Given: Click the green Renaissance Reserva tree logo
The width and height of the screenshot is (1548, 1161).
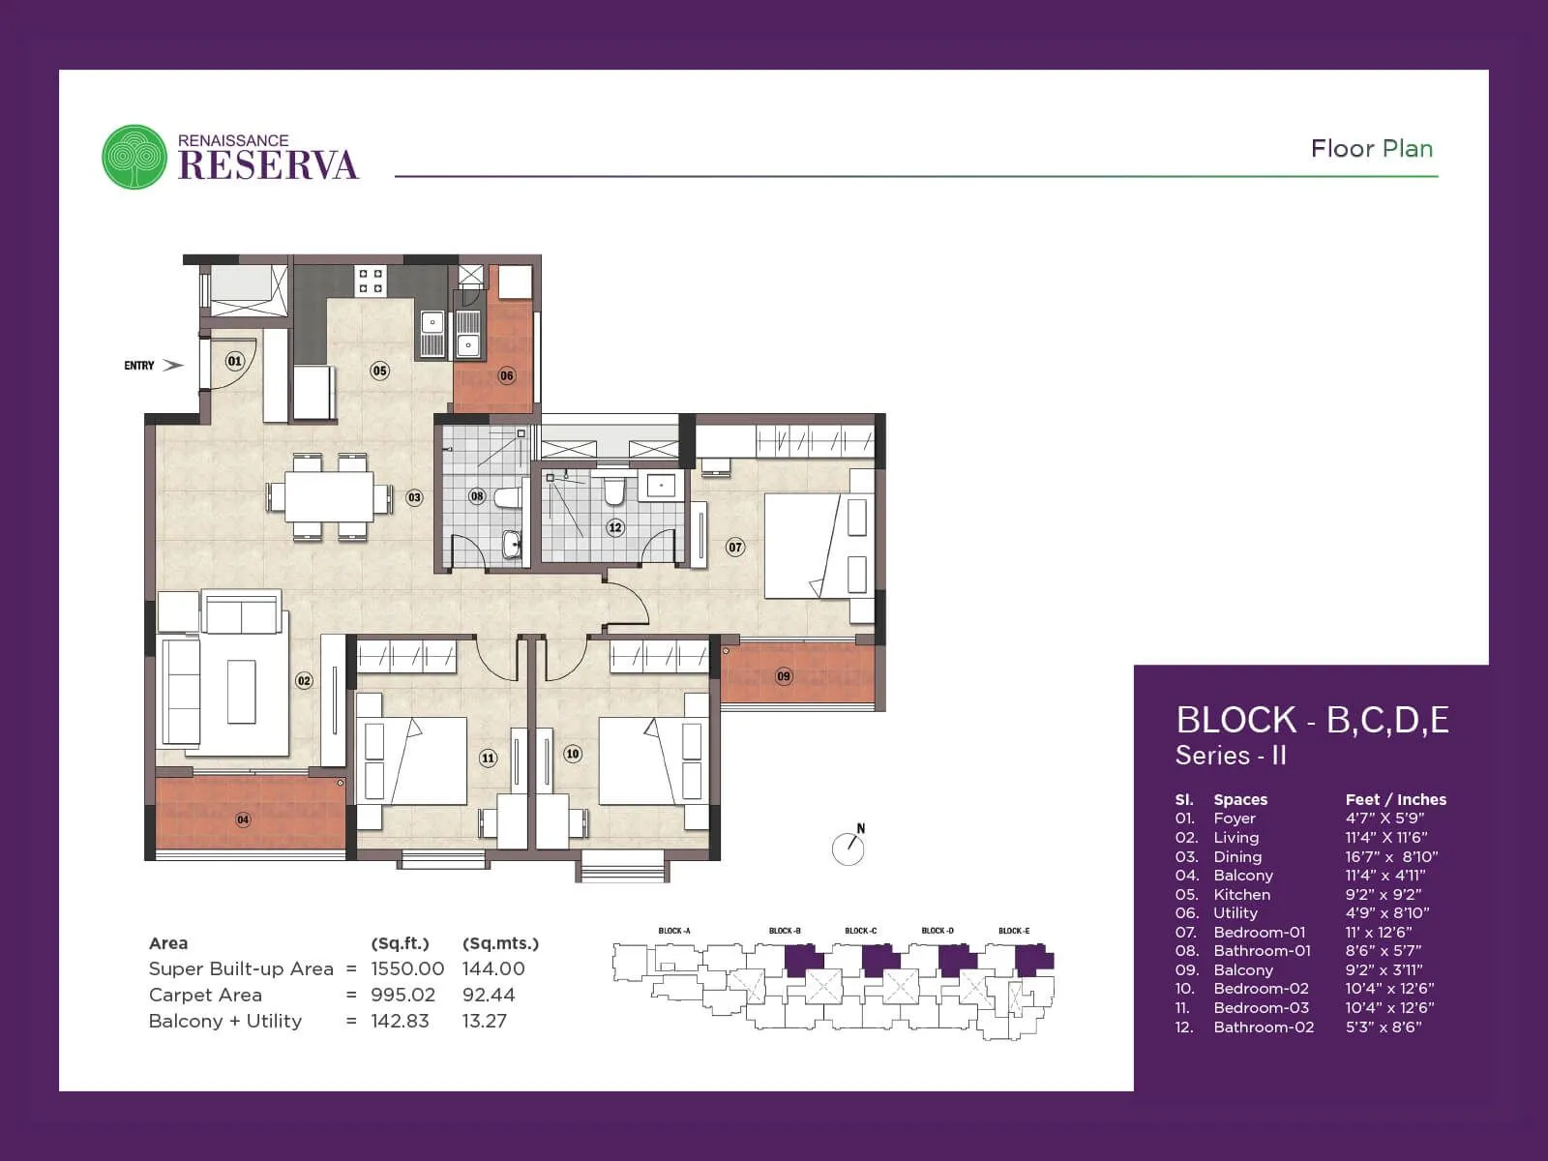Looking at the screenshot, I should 134,157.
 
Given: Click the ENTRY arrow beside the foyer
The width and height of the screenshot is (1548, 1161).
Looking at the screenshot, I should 172,365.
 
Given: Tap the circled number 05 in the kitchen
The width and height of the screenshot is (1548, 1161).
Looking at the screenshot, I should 379,371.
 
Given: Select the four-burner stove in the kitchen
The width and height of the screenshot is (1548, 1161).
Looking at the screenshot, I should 371,281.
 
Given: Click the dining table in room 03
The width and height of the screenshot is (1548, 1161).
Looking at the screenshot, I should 329,497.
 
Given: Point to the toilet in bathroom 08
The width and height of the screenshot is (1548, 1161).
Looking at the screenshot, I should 506,498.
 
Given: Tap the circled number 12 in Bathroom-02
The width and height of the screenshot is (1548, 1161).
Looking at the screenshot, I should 614,527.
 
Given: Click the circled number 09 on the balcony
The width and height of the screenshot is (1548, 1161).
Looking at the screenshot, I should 784,676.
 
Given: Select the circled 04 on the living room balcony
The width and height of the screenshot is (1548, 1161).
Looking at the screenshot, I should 243,819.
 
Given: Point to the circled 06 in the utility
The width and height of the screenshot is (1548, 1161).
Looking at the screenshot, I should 507,375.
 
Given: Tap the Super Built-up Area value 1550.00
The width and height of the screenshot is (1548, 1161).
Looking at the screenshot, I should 407,968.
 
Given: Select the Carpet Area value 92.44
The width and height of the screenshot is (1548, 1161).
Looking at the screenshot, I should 488,995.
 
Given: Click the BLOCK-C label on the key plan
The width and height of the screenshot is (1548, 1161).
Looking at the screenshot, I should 860,931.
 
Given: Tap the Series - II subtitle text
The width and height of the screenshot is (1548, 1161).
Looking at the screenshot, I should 1230,756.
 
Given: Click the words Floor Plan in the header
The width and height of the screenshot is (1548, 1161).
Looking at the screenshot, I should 1371,148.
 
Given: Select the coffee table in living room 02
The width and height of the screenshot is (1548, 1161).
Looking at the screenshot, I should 242,691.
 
